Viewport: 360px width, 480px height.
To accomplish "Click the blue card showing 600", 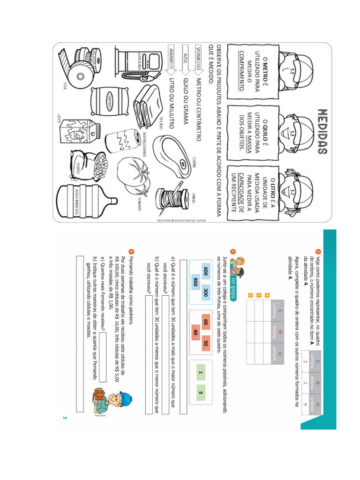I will coord(205,271).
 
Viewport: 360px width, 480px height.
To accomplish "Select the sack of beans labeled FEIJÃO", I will coord(79,165).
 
